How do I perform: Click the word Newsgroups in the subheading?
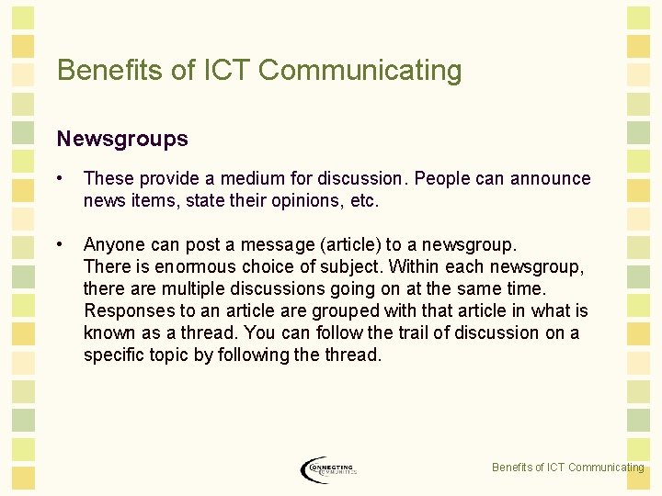[x=122, y=139]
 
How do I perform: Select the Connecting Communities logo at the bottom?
[x=328, y=469]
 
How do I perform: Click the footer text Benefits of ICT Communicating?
[x=567, y=468]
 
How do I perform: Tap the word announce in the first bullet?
[x=550, y=178]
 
